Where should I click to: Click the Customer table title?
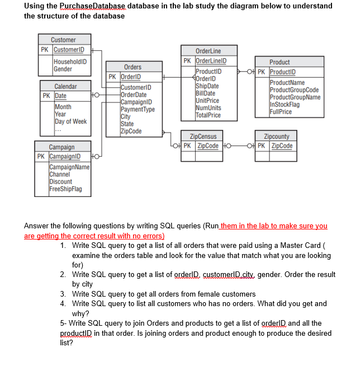pyautogui.click(x=63, y=40)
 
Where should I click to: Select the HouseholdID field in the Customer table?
pyautogui.click(x=70, y=61)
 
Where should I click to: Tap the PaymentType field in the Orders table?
pyautogui.click(x=137, y=109)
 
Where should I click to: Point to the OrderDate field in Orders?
pyautogui.click(x=134, y=95)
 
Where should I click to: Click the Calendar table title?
pyautogui.click(x=65, y=86)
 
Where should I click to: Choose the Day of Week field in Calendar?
pyautogui.click(x=70, y=121)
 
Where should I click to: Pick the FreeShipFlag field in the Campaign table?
pyautogui.click(x=65, y=189)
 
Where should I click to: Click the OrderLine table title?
pyautogui.click(x=208, y=50)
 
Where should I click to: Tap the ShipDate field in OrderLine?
pyautogui.click(x=207, y=86)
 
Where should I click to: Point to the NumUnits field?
pyautogui.click(x=208, y=108)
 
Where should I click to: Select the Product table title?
pyautogui.click(x=280, y=62)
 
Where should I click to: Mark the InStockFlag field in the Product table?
pyautogui.click(x=284, y=104)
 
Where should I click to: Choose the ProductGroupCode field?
pyautogui.click(x=294, y=90)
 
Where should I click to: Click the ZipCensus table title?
pyautogui.click(x=203, y=136)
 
